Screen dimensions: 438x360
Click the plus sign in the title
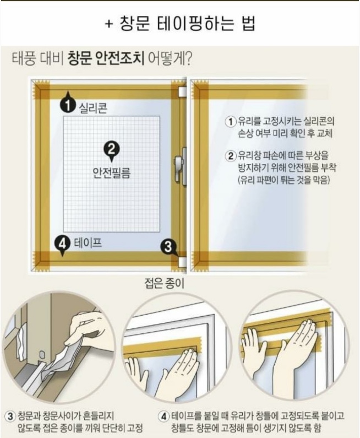[109, 25]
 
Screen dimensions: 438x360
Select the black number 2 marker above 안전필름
[111, 148]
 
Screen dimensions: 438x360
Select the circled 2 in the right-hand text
[232, 156]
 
